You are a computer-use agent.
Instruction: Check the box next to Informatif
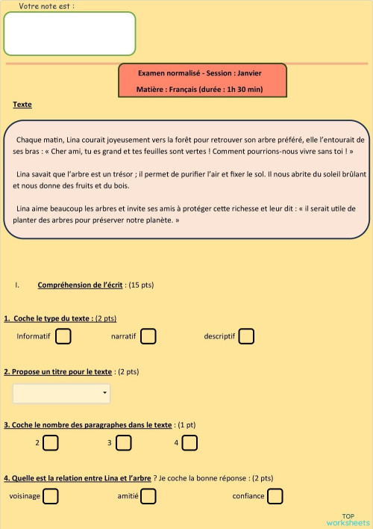click(x=63, y=336)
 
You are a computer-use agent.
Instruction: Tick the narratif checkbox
click(x=148, y=336)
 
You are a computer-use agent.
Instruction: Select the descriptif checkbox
click(x=246, y=336)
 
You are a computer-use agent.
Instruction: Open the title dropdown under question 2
click(x=61, y=392)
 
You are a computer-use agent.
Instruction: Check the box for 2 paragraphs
click(x=50, y=443)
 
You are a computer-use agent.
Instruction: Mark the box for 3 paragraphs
click(x=123, y=443)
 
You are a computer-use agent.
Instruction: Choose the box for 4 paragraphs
click(x=190, y=443)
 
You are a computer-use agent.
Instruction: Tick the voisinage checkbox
click(x=51, y=495)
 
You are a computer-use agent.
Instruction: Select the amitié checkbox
click(x=148, y=495)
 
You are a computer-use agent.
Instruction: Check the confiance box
click(x=275, y=495)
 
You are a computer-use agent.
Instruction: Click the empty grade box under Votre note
click(x=69, y=34)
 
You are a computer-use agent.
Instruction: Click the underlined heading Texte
click(x=22, y=105)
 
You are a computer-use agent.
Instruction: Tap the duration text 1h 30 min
click(x=245, y=90)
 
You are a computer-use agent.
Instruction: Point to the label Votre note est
click(x=46, y=6)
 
